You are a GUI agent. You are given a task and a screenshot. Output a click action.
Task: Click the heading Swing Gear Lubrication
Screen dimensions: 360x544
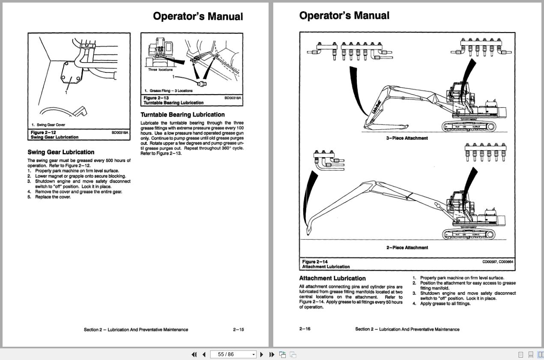point(61,152)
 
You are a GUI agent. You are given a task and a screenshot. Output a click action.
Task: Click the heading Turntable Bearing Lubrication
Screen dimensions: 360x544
point(182,115)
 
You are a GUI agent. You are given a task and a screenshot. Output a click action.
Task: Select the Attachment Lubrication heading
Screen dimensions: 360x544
point(332,279)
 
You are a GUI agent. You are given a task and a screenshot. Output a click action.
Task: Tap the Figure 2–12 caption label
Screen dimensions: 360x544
point(43,133)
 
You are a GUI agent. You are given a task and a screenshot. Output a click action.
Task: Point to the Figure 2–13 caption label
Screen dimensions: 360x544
point(156,98)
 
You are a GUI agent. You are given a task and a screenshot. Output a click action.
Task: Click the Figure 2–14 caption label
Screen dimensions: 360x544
point(315,262)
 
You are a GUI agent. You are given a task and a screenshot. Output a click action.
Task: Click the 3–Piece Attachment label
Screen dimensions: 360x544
point(407,138)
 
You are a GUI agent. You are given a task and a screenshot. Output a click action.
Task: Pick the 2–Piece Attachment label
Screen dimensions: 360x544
point(407,248)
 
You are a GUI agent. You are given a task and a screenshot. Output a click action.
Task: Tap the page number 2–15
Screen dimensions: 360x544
point(239,330)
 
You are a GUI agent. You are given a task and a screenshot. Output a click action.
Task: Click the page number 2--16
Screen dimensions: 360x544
point(305,329)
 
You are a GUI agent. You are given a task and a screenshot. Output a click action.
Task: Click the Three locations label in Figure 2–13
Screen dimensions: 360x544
point(161,70)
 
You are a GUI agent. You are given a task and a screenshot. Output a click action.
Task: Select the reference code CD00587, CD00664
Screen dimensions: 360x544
point(498,262)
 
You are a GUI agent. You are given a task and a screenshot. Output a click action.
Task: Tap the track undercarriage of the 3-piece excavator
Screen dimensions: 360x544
point(469,126)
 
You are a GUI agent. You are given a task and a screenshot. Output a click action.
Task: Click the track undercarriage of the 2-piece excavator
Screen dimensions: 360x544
point(469,234)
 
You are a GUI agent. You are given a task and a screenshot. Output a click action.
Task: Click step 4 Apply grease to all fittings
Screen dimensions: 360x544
point(445,304)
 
